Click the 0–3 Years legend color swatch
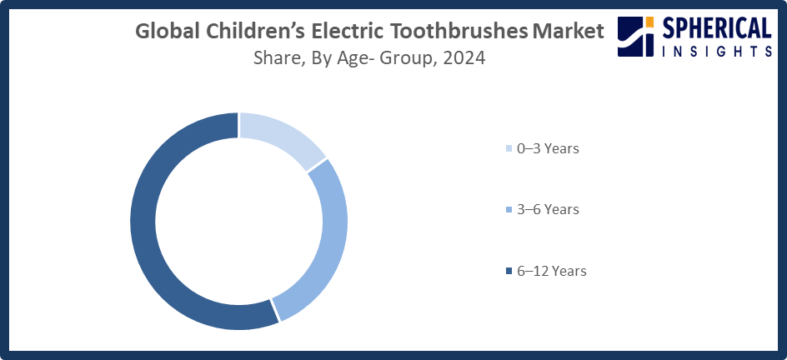point(509,149)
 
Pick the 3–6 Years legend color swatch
point(509,210)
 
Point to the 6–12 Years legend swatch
point(509,272)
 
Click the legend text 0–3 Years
point(548,149)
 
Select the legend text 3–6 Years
point(548,210)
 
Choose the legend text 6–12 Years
point(551,272)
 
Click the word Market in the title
point(566,32)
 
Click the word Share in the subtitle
point(277,58)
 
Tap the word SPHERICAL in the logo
point(717,29)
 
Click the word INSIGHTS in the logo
point(717,52)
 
